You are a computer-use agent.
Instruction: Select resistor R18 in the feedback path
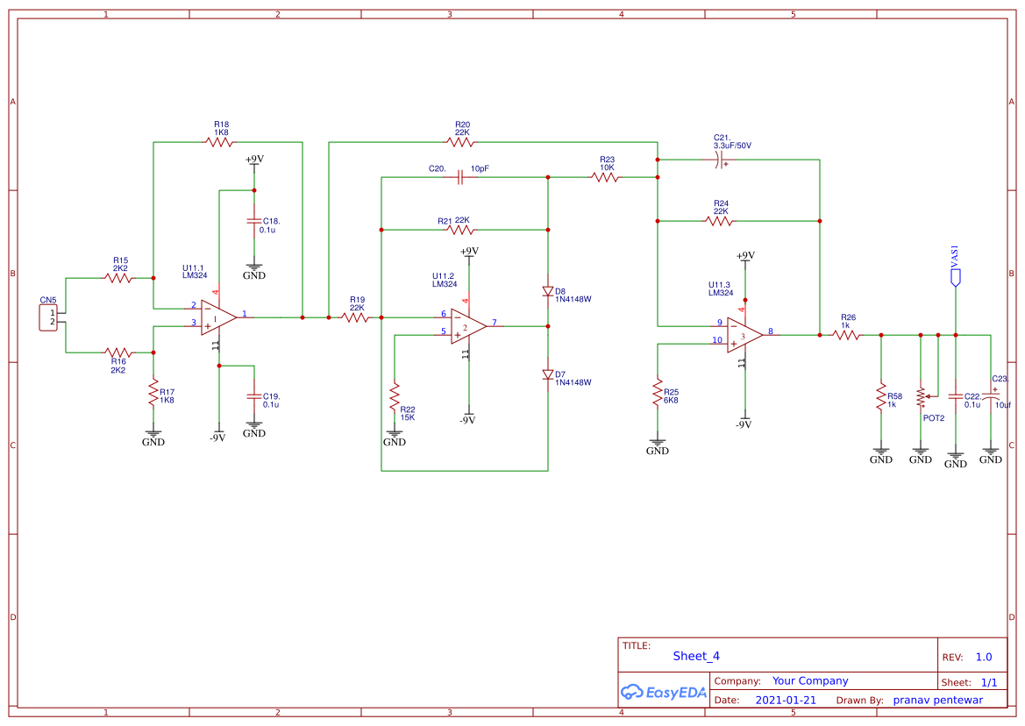click(219, 142)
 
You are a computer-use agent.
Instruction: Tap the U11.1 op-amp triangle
click(217, 317)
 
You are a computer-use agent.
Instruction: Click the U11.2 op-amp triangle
click(468, 326)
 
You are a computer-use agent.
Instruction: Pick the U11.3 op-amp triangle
click(744, 335)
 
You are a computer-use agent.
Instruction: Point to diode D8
click(548, 291)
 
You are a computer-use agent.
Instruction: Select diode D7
click(548, 374)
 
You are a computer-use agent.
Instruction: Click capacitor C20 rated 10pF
click(460, 177)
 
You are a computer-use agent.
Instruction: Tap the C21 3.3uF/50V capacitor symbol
click(719, 160)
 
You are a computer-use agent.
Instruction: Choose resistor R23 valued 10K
click(605, 177)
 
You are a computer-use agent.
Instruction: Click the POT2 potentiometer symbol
click(922, 396)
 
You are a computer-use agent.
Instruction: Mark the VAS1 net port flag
click(956, 277)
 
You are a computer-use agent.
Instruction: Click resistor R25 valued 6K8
click(658, 392)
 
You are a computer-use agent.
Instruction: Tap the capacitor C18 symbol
click(254, 225)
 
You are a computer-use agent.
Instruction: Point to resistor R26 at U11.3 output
click(847, 335)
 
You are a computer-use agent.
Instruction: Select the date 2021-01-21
click(785, 701)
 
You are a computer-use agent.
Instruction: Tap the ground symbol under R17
click(153, 435)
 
